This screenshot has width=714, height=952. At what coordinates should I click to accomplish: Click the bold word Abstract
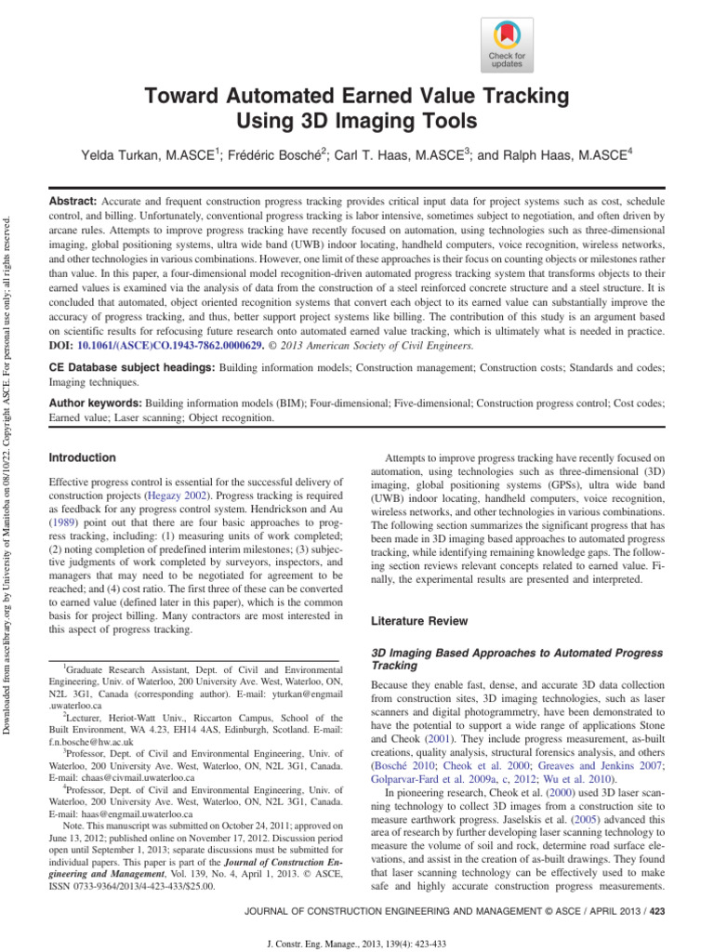[73, 202]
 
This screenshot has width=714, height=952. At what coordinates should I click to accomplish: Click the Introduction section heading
[82, 458]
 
